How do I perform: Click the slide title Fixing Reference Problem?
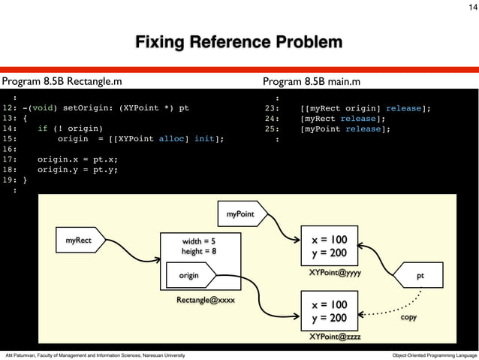pyautogui.click(x=239, y=41)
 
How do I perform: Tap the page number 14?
pyautogui.click(x=468, y=7)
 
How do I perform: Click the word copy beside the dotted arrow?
pyautogui.click(x=408, y=318)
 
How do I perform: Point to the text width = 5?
pyautogui.click(x=199, y=241)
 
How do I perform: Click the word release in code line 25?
pyautogui.click(x=366, y=129)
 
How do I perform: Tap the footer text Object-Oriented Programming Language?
pyautogui.click(x=435, y=354)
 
